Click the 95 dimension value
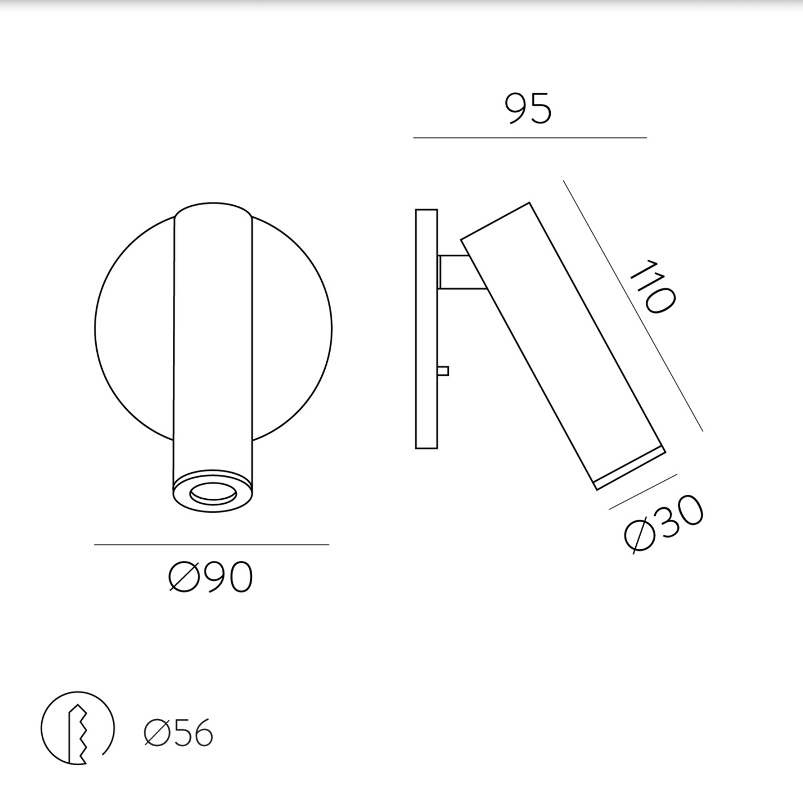tap(528, 109)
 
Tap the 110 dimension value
tap(652, 286)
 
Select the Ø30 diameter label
tap(663, 524)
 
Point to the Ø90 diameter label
tap(211, 577)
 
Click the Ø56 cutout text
tap(178, 733)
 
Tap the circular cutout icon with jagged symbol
tap(77, 728)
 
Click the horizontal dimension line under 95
tap(530, 137)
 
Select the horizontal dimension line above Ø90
tap(211, 544)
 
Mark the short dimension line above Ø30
tap(643, 492)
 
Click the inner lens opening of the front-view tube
tap(213, 492)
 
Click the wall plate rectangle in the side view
tap(426, 328)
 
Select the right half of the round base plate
tap(292, 328)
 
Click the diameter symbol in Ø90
tap(184, 577)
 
